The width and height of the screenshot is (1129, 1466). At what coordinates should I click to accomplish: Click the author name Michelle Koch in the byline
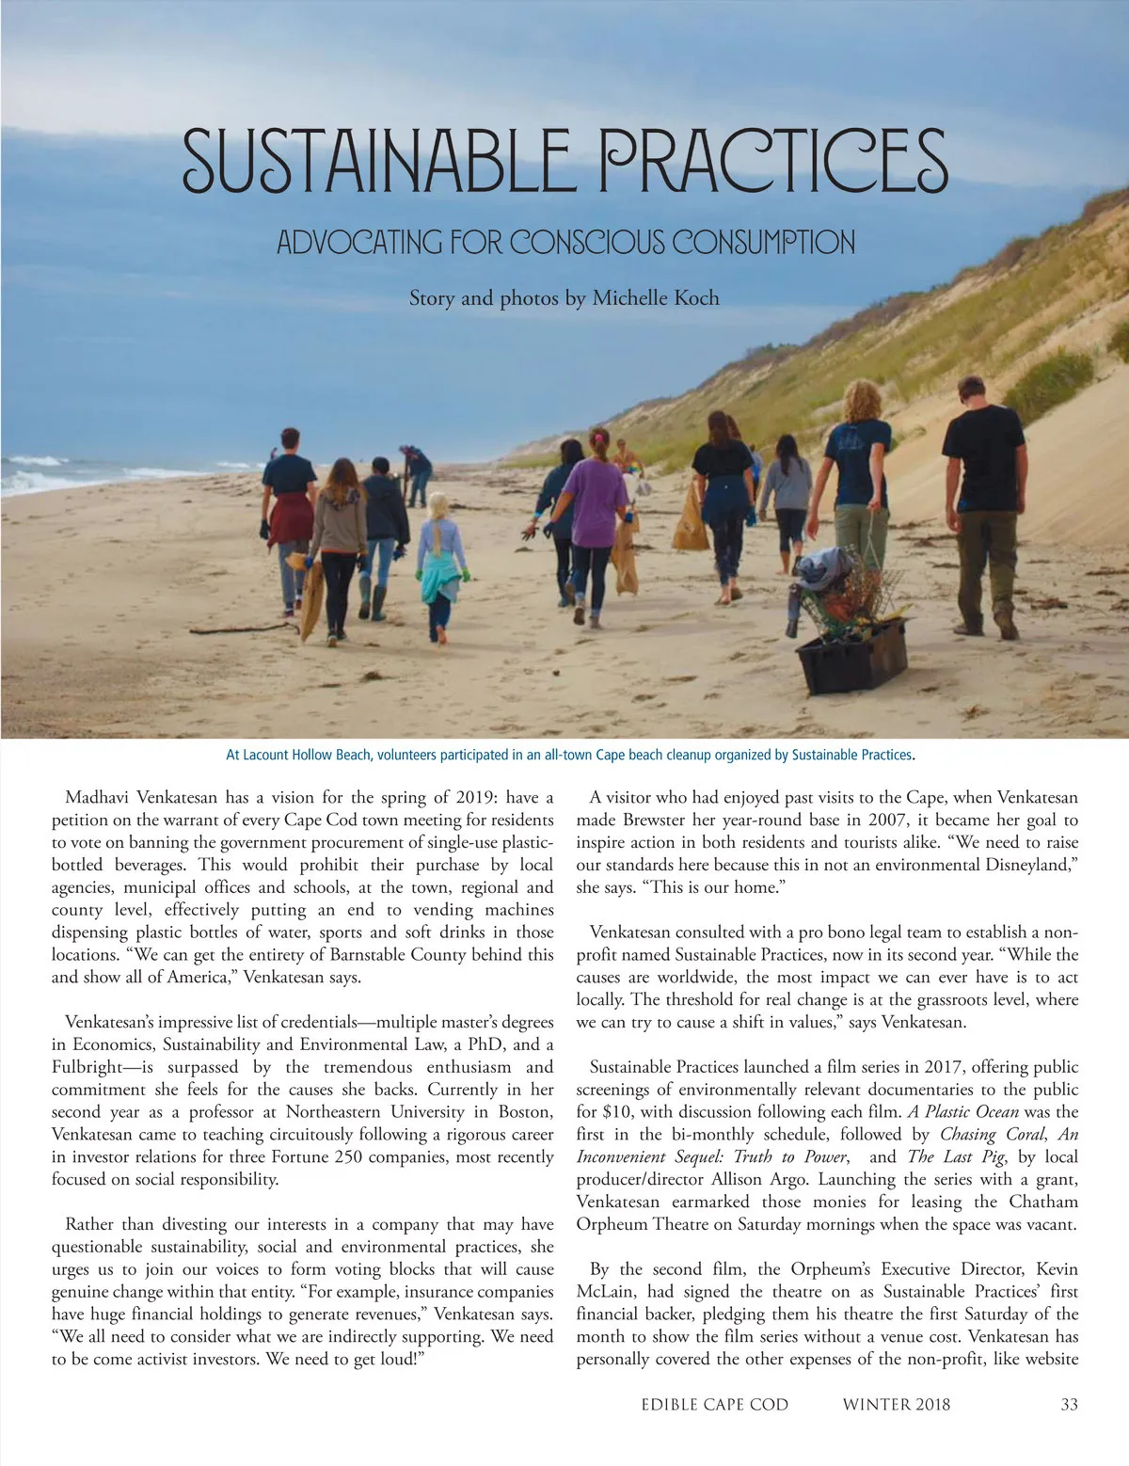pos(655,298)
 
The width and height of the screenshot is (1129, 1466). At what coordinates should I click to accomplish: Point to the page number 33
pos(1069,1405)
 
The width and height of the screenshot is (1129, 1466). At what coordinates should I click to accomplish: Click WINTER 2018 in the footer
pos(896,1405)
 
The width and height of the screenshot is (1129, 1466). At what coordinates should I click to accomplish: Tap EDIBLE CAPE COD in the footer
pos(714,1405)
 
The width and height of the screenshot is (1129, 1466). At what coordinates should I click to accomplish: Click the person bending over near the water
pos(416,470)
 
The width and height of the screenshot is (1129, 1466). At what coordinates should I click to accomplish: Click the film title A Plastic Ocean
pos(963,1112)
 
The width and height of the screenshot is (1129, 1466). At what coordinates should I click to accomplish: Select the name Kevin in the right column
pos(1057,1269)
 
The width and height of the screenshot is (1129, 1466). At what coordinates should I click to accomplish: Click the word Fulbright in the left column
pos(87,1067)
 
